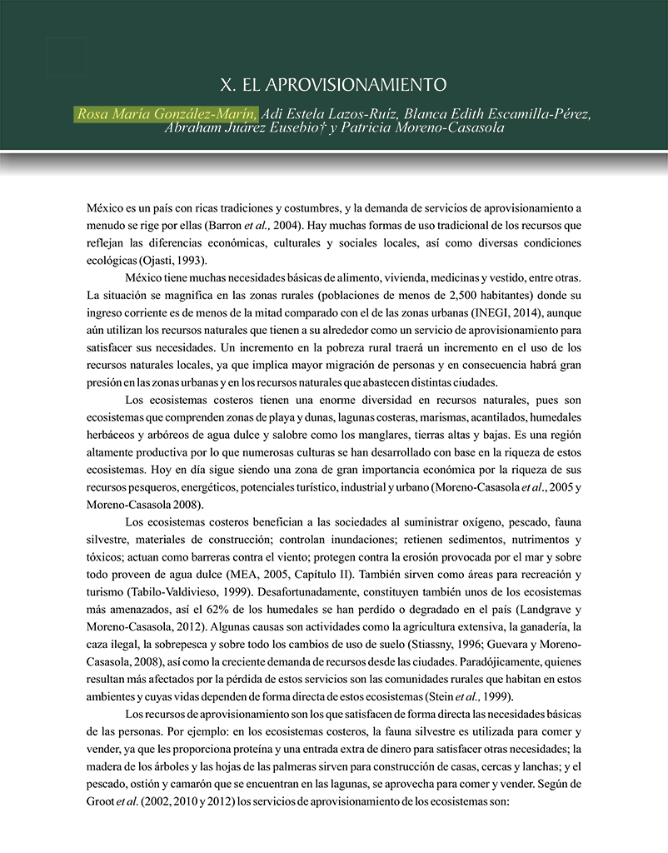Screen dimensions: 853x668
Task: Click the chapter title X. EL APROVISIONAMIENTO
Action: pyautogui.click(x=333, y=85)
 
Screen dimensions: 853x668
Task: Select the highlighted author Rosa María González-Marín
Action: pyautogui.click(x=167, y=113)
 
